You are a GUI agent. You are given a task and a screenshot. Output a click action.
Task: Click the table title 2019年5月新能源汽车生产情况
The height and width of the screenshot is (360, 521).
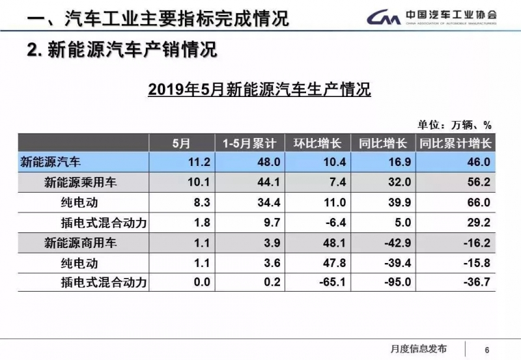259,90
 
